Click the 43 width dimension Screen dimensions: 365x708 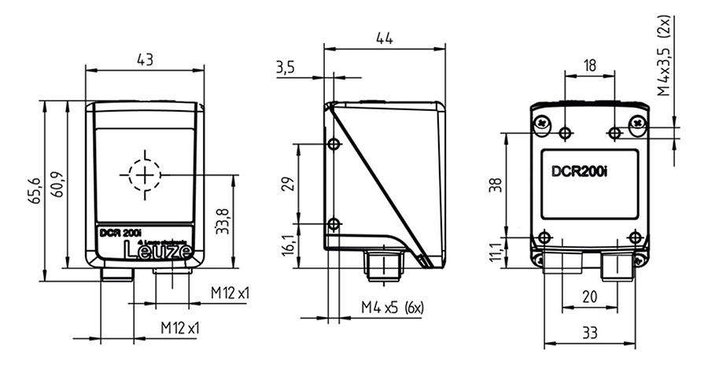[144, 59]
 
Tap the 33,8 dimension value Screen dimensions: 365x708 [223, 221]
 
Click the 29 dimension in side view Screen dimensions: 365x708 [289, 185]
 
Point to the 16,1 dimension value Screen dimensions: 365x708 [289, 244]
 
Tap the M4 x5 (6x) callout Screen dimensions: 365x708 [392, 308]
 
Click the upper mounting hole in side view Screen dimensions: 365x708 [334, 144]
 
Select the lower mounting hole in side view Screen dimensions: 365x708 [334, 225]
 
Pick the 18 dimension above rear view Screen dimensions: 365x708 [590, 67]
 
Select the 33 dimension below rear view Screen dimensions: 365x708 [590, 334]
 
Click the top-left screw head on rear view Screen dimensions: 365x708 [541, 122]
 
